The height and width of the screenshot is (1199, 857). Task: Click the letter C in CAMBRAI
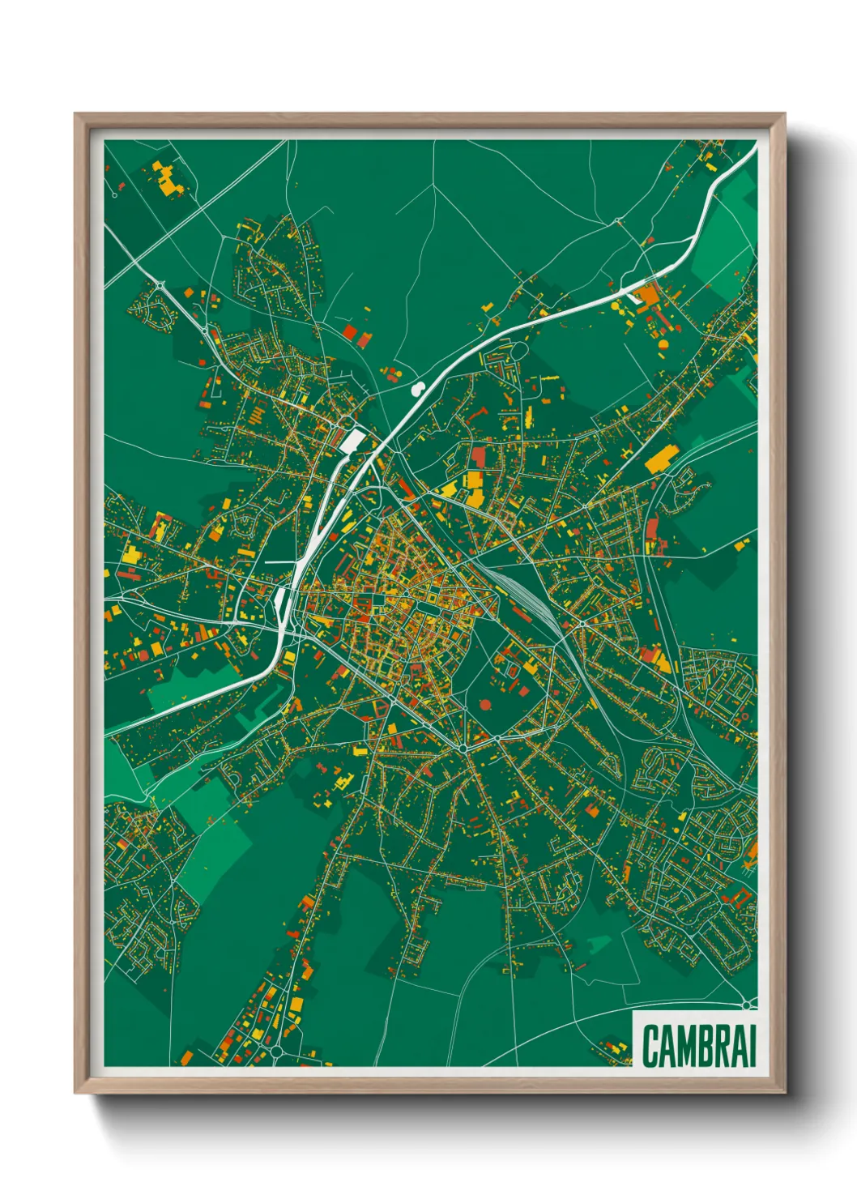click(x=652, y=1046)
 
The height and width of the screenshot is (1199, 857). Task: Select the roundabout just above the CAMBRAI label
click(x=745, y=1005)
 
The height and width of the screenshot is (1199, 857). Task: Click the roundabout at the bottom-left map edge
click(x=276, y=1051)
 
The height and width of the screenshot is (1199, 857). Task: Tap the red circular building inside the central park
click(x=485, y=704)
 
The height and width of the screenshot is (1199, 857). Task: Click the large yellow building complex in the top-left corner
click(x=168, y=180)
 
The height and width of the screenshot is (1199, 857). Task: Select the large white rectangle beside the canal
click(x=353, y=441)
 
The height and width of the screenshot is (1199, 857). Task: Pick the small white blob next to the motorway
click(x=418, y=389)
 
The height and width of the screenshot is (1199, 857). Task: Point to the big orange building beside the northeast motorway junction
click(x=648, y=295)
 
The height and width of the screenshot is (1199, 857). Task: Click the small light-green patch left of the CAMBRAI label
click(x=599, y=943)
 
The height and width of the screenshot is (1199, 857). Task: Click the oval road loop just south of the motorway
click(x=519, y=352)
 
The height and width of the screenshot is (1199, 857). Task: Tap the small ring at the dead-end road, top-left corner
click(x=116, y=194)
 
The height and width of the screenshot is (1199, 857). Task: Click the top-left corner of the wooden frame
click(x=76, y=115)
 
